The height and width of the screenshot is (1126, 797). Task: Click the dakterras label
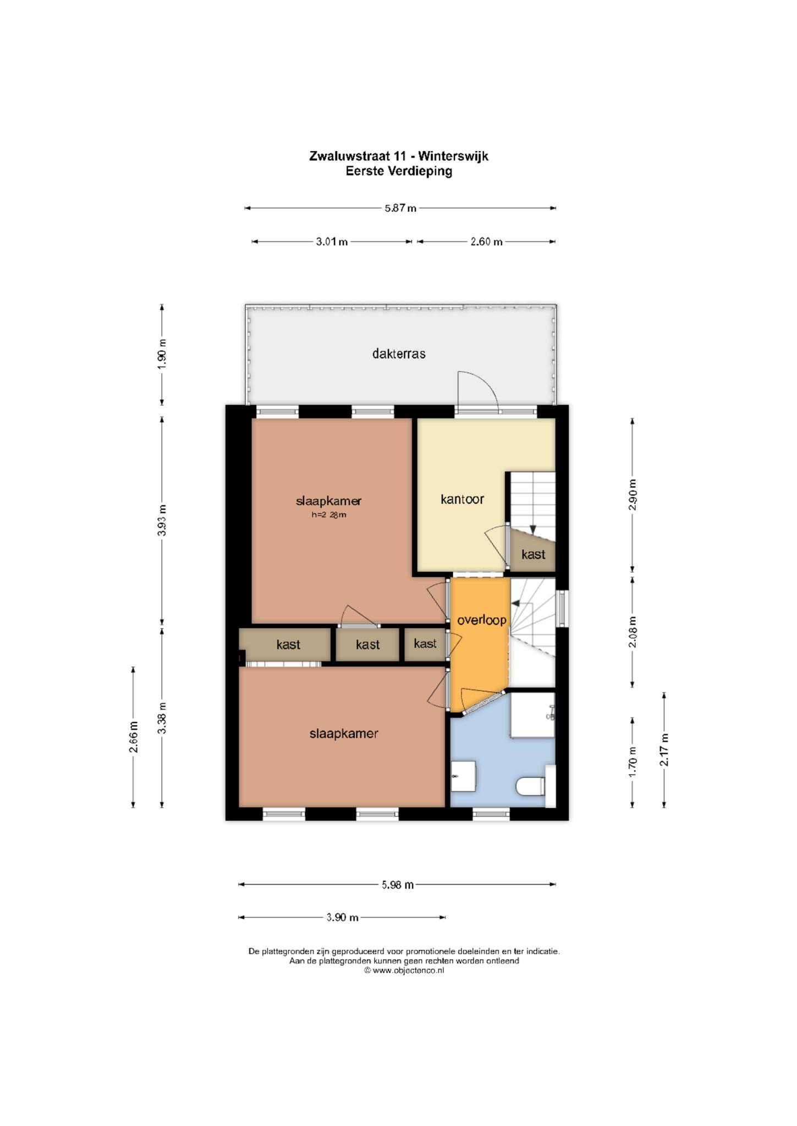[x=399, y=354]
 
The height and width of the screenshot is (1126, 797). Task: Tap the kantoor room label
[x=462, y=499]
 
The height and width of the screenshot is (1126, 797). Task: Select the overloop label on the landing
[x=482, y=620]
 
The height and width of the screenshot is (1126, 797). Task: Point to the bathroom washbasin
[x=464, y=776]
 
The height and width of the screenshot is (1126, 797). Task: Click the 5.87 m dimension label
[x=400, y=208]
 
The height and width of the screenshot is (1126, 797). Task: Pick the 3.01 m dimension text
[x=332, y=242]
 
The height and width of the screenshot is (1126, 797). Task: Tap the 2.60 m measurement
[x=486, y=242]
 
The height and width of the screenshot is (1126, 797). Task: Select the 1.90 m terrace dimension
[x=162, y=355]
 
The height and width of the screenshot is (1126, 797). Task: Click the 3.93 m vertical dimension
[x=162, y=520]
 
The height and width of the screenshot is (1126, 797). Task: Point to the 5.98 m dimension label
[x=398, y=885]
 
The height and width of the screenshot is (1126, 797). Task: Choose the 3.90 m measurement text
[x=342, y=917]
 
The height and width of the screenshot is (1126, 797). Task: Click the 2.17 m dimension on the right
[x=664, y=749]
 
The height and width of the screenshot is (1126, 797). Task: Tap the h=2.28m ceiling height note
[x=329, y=515]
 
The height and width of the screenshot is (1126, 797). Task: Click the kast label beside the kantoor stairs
[x=533, y=554]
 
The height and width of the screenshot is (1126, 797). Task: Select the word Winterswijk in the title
[x=453, y=156]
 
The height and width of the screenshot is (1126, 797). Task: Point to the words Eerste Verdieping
[x=399, y=171]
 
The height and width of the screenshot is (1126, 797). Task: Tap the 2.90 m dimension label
[x=633, y=495]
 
